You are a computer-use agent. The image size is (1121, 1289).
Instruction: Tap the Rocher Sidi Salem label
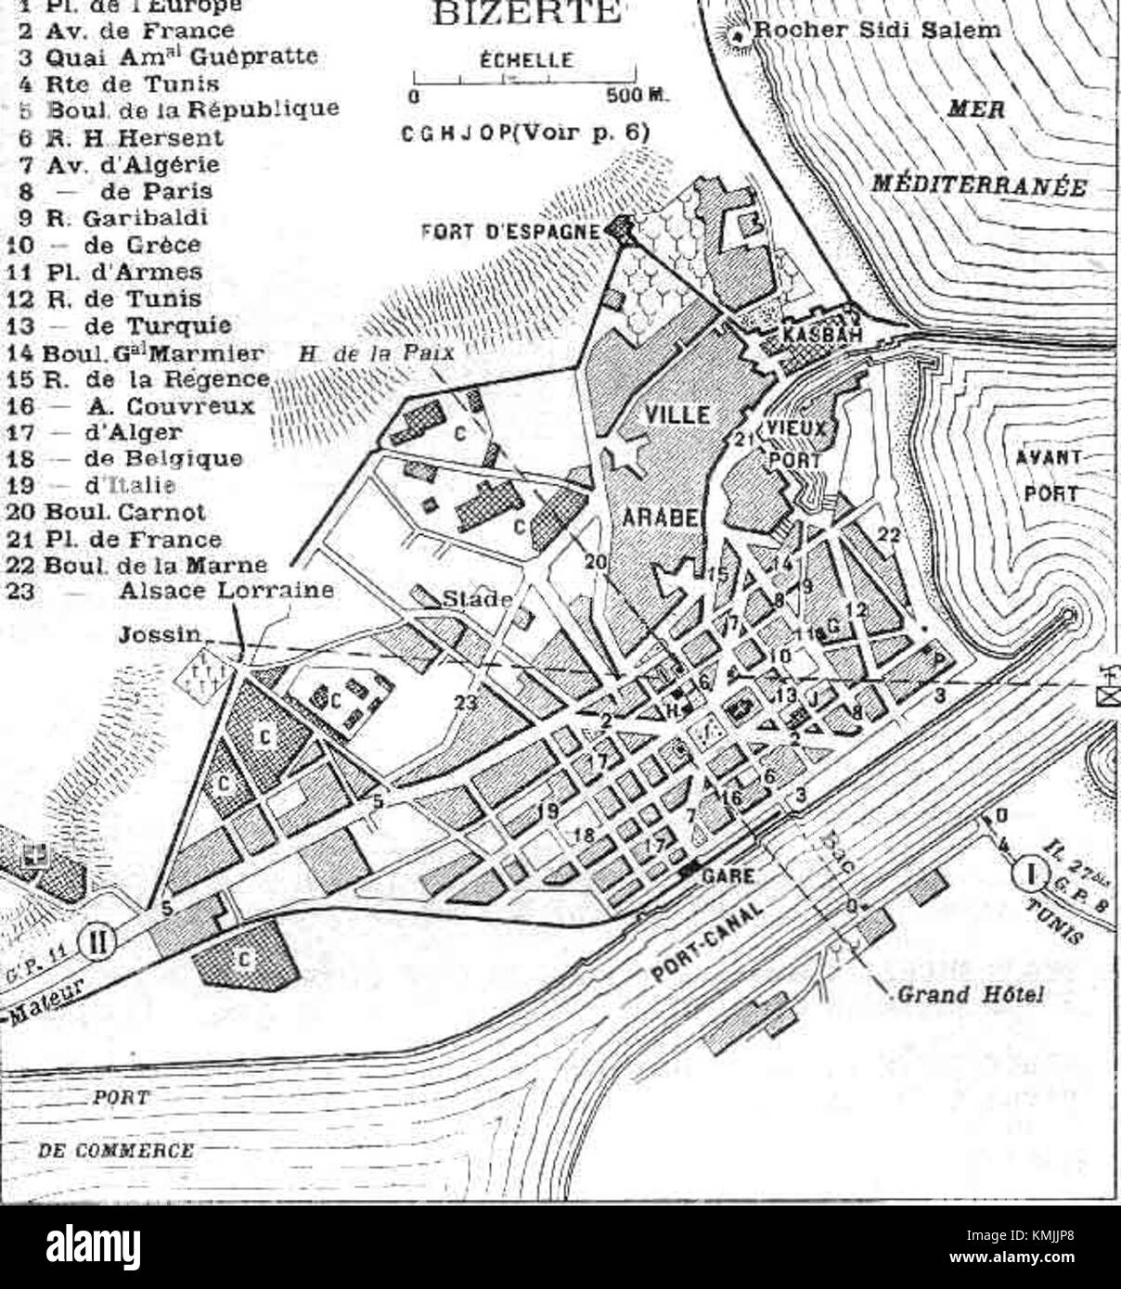pyautogui.click(x=877, y=30)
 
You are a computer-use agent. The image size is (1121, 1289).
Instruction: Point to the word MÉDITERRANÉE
pyautogui.click(x=978, y=185)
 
